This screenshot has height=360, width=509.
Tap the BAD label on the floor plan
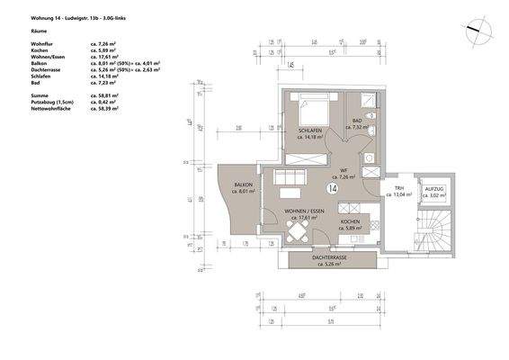coord(357,121)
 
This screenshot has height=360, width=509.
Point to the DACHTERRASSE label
coord(332,258)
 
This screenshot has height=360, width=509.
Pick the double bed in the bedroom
coord(315,111)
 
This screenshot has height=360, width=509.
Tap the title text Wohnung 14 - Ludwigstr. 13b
coord(55,15)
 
